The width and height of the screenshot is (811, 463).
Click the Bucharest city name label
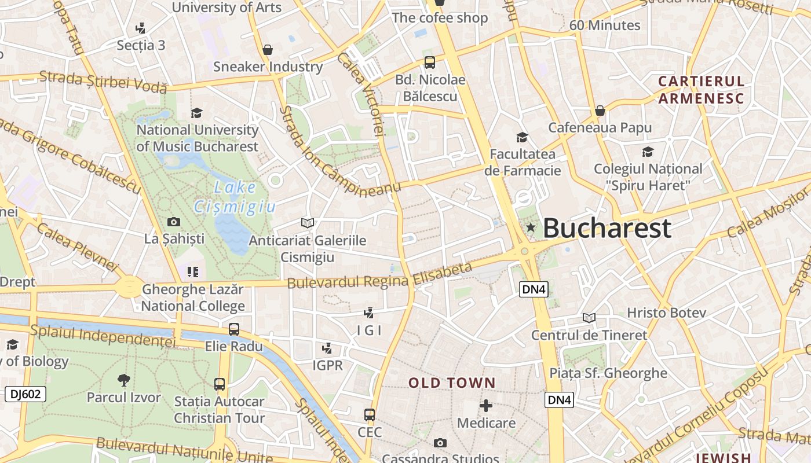[x=607, y=228]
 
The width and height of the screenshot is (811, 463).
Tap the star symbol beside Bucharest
[x=530, y=228]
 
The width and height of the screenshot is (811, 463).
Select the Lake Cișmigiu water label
[x=235, y=197]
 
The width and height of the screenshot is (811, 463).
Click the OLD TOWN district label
[x=452, y=383]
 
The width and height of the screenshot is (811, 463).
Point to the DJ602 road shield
[x=25, y=394]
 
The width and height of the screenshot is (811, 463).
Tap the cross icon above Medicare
[x=486, y=406]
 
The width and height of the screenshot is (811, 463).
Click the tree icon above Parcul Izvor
[x=123, y=380]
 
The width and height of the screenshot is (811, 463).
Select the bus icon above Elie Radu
[x=234, y=329]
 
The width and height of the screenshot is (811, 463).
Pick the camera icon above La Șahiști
[x=173, y=222]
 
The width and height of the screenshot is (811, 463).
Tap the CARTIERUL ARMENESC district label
[x=701, y=89]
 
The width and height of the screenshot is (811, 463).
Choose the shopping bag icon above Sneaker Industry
[x=268, y=50]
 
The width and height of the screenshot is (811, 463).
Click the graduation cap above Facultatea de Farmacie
[x=522, y=137]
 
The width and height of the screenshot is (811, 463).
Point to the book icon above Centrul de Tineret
[x=589, y=318]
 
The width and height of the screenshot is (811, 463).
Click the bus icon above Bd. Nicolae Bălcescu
[x=429, y=63]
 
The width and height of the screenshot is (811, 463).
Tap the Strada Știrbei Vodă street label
[x=103, y=82]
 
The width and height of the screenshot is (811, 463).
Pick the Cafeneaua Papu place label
[x=600, y=127]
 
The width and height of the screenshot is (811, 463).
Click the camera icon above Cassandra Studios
[x=440, y=443]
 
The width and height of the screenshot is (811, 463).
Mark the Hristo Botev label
[x=666, y=313]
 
